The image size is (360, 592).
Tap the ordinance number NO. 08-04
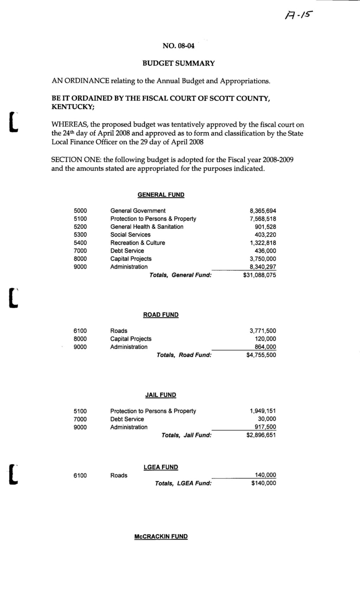[x=178, y=46]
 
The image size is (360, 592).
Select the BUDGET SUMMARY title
[x=178, y=63]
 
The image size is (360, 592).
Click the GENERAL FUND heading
[x=161, y=195]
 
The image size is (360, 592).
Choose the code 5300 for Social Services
[x=80, y=235]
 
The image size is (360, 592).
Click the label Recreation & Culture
[x=137, y=243]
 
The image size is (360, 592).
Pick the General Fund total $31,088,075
[x=259, y=275]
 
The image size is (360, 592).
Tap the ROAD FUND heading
[x=161, y=315]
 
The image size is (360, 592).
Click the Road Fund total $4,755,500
[x=261, y=355]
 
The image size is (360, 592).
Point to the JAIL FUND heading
[x=161, y=395]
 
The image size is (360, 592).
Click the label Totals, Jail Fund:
[x=186, y=435]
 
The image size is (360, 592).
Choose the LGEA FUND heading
[x=161, y=467]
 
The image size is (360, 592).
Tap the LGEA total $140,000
[x=264, y=483]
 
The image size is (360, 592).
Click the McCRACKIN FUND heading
[x=161, y=537]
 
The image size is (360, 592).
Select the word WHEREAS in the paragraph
[x=69, y=125]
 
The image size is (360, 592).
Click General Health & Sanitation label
[x=147, y=227]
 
